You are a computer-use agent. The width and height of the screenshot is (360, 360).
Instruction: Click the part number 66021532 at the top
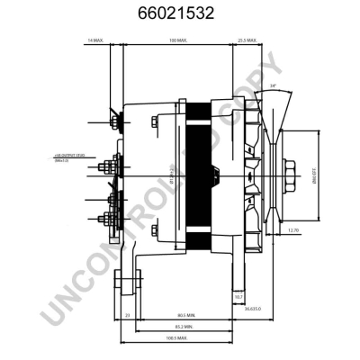click(181, 14)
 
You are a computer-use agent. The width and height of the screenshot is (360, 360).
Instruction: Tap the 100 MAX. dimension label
click(176, 41)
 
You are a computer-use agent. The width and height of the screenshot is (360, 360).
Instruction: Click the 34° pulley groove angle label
click(273, 86)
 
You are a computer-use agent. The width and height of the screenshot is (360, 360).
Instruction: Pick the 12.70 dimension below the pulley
click(293, 230)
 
